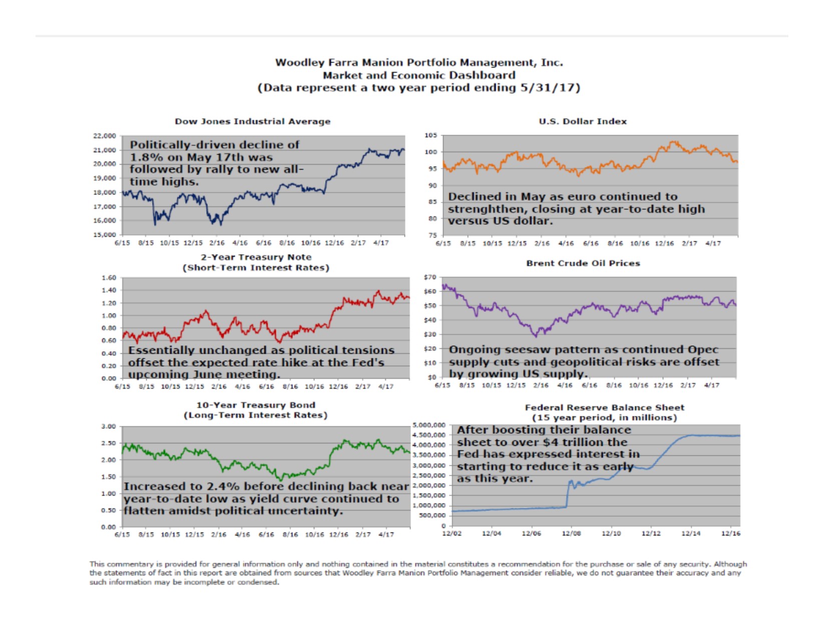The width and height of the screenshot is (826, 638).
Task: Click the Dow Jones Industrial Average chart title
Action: tap(252, 121)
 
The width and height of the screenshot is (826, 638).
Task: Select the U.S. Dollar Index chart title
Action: tap(583, 121)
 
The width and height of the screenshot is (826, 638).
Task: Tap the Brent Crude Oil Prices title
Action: tap(583, 263)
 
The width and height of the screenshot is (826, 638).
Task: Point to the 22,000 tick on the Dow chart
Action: tap(105, 136)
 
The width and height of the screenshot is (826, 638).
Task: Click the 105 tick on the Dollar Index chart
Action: tap(431, 135)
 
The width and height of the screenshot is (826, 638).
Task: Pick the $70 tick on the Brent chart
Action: tap(430, 277)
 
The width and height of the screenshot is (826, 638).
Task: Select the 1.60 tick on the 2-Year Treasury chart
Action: tap(109, 278)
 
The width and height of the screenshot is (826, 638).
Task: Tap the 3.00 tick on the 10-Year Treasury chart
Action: tap(109, 426)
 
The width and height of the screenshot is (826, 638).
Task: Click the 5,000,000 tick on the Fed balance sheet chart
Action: tap(429, 425)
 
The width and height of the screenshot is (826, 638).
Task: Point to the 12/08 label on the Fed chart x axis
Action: tap(571, 533)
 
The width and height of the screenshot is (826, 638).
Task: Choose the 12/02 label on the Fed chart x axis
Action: tap(452, 533)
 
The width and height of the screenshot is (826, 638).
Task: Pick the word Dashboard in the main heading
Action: tap(485, 75)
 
